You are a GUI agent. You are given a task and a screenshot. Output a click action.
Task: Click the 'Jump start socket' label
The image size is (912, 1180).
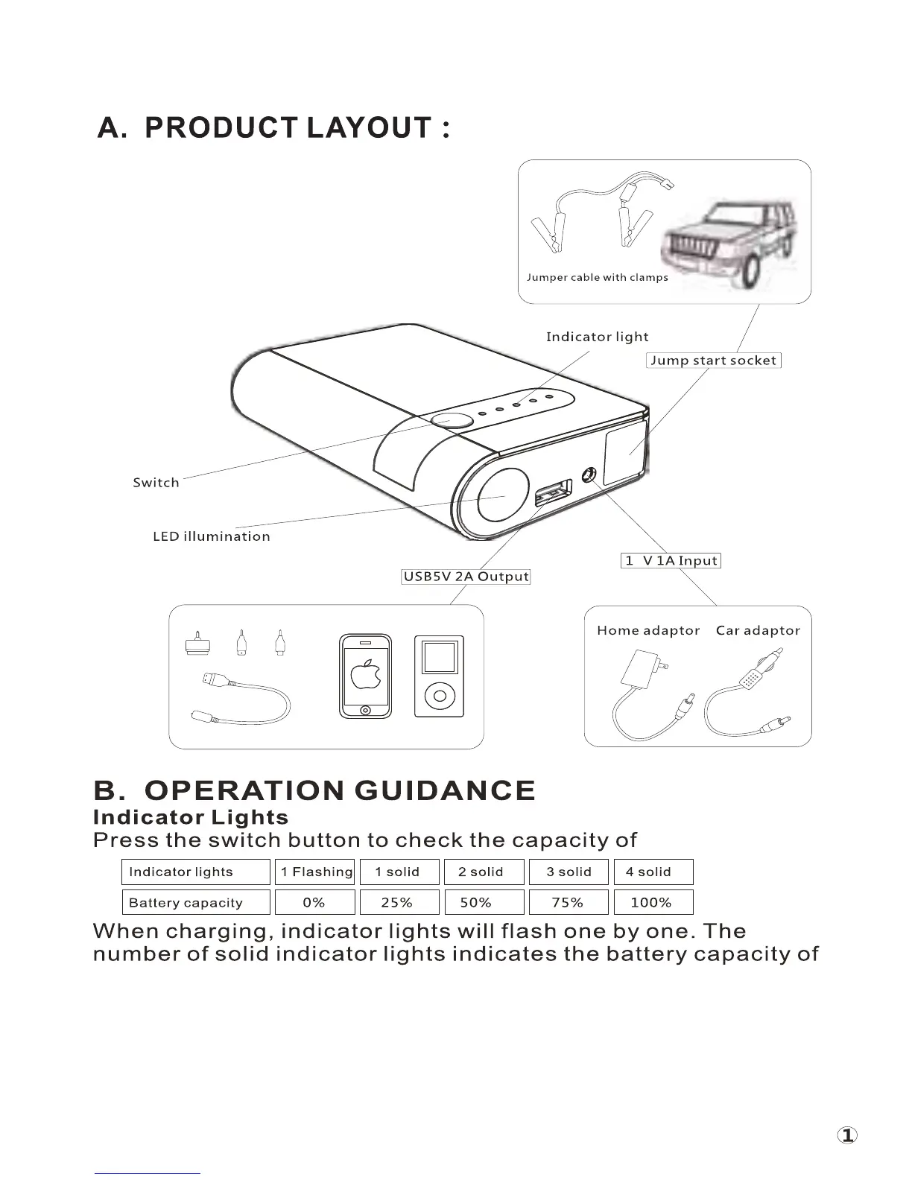click(x=713, y=361)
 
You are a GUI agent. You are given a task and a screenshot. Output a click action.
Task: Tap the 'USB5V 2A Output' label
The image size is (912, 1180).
click(x=466, y=577)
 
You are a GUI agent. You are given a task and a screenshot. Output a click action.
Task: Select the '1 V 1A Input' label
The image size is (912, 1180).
click(x=671, y=561)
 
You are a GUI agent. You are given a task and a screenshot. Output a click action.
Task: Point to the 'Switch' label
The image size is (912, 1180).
click(x=156, y=483)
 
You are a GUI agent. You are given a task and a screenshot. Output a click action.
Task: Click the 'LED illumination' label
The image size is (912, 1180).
click(x=212, y=536)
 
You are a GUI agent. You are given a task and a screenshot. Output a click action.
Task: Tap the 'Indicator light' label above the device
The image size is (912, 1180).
click(x=597, y=337)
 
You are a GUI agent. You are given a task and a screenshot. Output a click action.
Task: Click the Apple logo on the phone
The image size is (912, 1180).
click(x=365, y=675)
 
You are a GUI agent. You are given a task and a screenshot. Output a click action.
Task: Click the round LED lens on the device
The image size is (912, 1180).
click(x=501, y=494)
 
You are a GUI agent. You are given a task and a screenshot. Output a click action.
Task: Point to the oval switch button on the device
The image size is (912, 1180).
click(x=452, y=421)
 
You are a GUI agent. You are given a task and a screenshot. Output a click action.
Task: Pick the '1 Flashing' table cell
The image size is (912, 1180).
click(x=317, y=872)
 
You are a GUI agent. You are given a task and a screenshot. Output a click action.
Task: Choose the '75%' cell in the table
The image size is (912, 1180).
click(x=568, y=902)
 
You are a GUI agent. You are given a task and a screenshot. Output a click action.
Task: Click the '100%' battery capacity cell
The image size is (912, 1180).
click(x=652, y=902)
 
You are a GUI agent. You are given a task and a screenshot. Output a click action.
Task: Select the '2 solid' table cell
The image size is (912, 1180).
click(x=481, y=872)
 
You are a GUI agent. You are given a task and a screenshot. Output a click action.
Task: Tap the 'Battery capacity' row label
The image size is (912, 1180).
click(x=186, y=903)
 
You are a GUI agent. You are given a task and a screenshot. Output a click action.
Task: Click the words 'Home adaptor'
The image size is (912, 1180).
click(x=648, y=630)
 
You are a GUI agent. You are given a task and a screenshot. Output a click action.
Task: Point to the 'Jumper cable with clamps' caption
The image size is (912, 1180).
click(x=597, y=278)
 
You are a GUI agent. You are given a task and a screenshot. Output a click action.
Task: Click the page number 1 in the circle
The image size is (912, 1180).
click(x=847, y=1135)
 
